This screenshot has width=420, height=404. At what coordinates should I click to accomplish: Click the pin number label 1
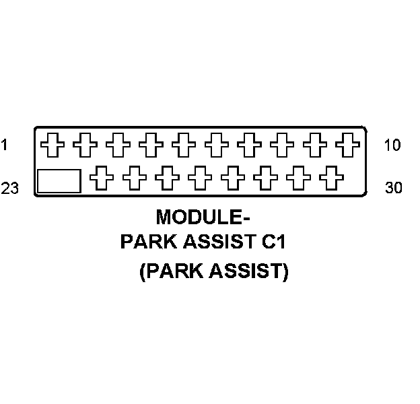click(x=5, y=144)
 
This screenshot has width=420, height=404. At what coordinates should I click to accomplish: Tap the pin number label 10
click(x=392, y=144)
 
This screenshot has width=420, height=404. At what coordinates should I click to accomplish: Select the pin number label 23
click(x=9, y=189)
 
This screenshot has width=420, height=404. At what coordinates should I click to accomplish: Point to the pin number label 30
click(x=393, y=188)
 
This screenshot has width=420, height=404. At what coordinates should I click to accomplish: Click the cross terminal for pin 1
click(x=51, y=143)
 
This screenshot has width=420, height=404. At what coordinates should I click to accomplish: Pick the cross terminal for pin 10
click(x=347, y=143)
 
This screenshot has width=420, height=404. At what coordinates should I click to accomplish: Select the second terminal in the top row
click(x=84, y=143)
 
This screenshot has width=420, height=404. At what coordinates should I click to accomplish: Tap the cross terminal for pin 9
click(x=315, y=143)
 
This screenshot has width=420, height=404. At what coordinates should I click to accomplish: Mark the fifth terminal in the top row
click(x=183, y=143)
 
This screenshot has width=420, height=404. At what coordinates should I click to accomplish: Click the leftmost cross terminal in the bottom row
click(x=101, y=179)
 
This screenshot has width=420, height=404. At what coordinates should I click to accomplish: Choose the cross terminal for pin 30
click(x=330, y=179)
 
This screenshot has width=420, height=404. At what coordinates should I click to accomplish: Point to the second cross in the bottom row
click(x=134, y=179)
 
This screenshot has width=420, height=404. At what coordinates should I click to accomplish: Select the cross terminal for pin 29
click(x=297, y=179)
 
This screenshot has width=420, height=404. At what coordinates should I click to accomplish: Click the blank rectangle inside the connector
click(x=59, y=181)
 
